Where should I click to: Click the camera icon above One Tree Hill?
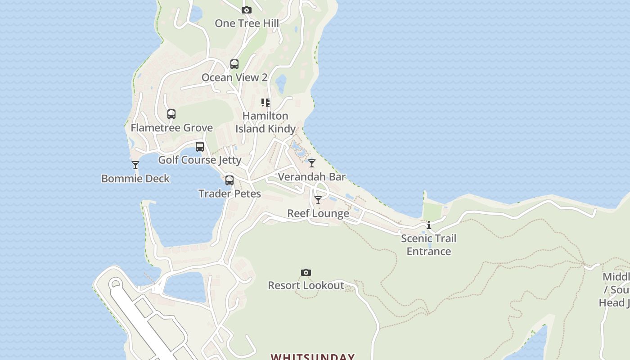pyautogui.click(x=246, y=10)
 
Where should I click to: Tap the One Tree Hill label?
pyautogui.click(x=247, y=23)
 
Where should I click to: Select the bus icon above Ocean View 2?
pyautogui.click(x=234, y=64)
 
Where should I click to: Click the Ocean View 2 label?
pyautogui.click(x=234, y=77)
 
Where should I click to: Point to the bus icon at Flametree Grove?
pyautogui.click(x=171, y=114)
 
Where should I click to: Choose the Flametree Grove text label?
pyautogui.click(x=171, y=128)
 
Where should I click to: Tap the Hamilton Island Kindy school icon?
pyautogui.click(x=265, y=103)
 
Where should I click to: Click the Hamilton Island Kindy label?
pyautogui.click(x=265, y=122)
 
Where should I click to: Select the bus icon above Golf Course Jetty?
pyautogui.click(x=200, y=147)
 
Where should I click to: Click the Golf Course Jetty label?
pyautogui.click(x=200, y=160)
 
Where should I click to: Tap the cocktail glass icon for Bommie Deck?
pyautogui.click(x=135, y=165)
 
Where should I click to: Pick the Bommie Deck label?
pyautogui.click(x=135, y=179)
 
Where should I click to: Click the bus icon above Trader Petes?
pyautogui.click(x=229, y=180)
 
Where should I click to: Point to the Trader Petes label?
pyautogui.click(x=229, y=194)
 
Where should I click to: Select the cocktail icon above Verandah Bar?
pyautogui.click(x=312, y=163)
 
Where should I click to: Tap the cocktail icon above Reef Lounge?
pyautogui.click(x=318, y=200)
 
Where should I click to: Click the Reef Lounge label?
pyautogui.click(x=318, y=213)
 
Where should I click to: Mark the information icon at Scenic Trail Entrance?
pyautogui.click(x=429, y=225)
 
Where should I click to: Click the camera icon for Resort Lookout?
pyautogui.click(x=306, y=272)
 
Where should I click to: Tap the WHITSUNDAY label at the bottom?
pyautogui.click(x=312, y=357)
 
